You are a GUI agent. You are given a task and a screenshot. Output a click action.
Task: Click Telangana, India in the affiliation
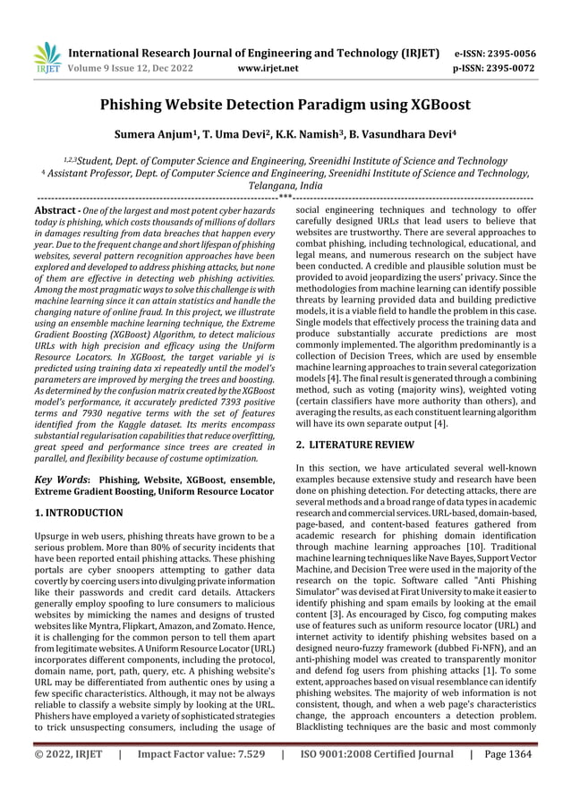click(285, 184)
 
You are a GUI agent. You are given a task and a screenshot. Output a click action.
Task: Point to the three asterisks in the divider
click(285, 195)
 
